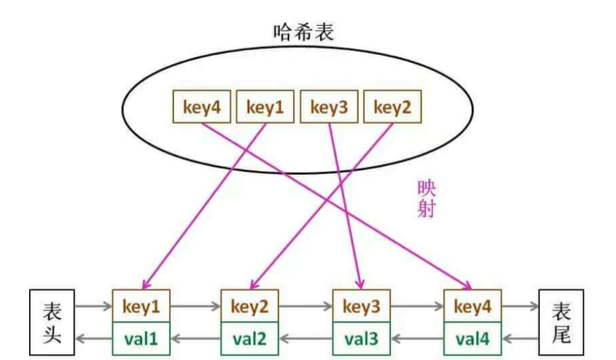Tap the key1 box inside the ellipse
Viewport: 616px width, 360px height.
[265, 107]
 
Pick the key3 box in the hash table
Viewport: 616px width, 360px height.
[329, 107]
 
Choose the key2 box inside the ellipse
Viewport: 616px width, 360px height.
[392, 107]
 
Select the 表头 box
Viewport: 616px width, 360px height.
[52, 322]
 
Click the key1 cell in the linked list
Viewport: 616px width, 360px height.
[141, 307]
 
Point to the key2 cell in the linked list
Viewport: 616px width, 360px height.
[249, 307]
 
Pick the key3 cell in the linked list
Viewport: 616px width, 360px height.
[361, 307]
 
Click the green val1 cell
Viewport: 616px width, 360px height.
[141, 338]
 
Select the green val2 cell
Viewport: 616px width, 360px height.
[249, 338]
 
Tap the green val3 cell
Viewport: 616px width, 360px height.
[361, 338]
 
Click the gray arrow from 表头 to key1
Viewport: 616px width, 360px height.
[93, 307]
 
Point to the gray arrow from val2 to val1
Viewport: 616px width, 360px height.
[195, 338]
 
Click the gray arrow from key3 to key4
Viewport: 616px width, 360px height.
[416, 307]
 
